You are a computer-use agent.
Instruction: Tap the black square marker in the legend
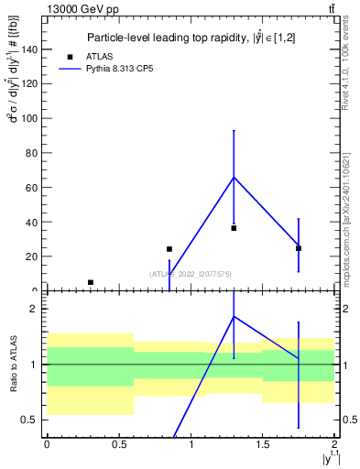tap(70, 57)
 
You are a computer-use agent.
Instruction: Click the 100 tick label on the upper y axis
tap(29, 118)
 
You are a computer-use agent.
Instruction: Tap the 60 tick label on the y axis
tap(32, 188)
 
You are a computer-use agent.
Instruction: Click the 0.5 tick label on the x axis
tap(118, 444)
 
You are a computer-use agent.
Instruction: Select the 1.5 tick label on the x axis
tap(263, 444)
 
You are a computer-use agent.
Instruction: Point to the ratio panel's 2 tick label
tap(35, 309)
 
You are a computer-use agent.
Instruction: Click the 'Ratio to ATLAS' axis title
tap(14, 364)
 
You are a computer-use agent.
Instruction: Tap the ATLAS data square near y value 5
tap(90, 282)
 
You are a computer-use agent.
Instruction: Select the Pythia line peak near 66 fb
tap(234, 177)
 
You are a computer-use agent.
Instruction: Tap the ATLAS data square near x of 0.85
tap(169, 249)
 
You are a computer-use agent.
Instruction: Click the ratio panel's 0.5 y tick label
tap(30, 420)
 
